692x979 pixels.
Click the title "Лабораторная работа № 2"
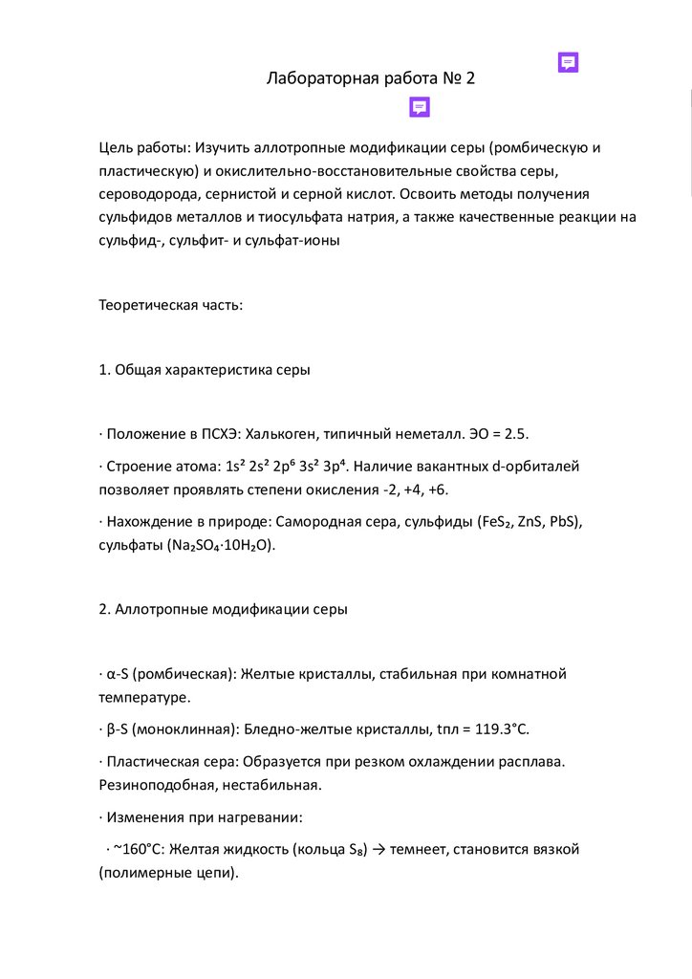pyautogui.click(x=370, y=79)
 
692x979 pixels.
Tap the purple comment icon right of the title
pyautogui.click(x=568, y=63)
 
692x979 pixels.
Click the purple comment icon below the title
pyautogui.click(x=420, y=107)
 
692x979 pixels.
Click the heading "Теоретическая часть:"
pyautogui.click(x=171, y=305)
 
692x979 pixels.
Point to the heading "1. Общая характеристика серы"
pyautogui.click(x=205, y=369)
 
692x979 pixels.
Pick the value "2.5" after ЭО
pyautogui.click(x=516, y=433)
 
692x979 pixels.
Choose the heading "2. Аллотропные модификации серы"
pyautogui.click(x=224, y=609)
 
